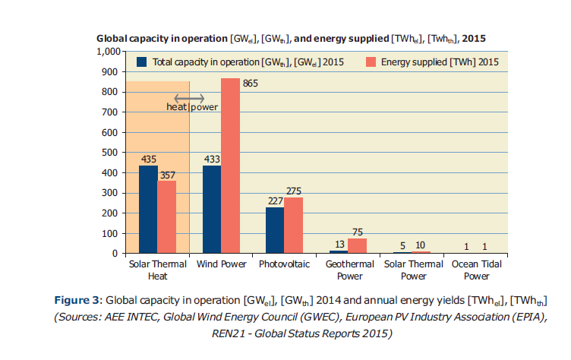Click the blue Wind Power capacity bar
(211, 209)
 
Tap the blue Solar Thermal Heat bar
(148, 209)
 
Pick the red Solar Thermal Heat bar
(167, 216)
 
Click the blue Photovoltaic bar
(274, 229)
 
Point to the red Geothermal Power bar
(356, 245)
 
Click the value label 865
(251, 84)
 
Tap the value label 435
(148, 159)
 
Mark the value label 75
(357, 232)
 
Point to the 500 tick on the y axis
(112, 153)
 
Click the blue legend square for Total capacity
(141, 62)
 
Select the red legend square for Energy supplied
(371, 62)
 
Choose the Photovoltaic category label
(284, 265)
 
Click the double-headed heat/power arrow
(189, 98)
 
